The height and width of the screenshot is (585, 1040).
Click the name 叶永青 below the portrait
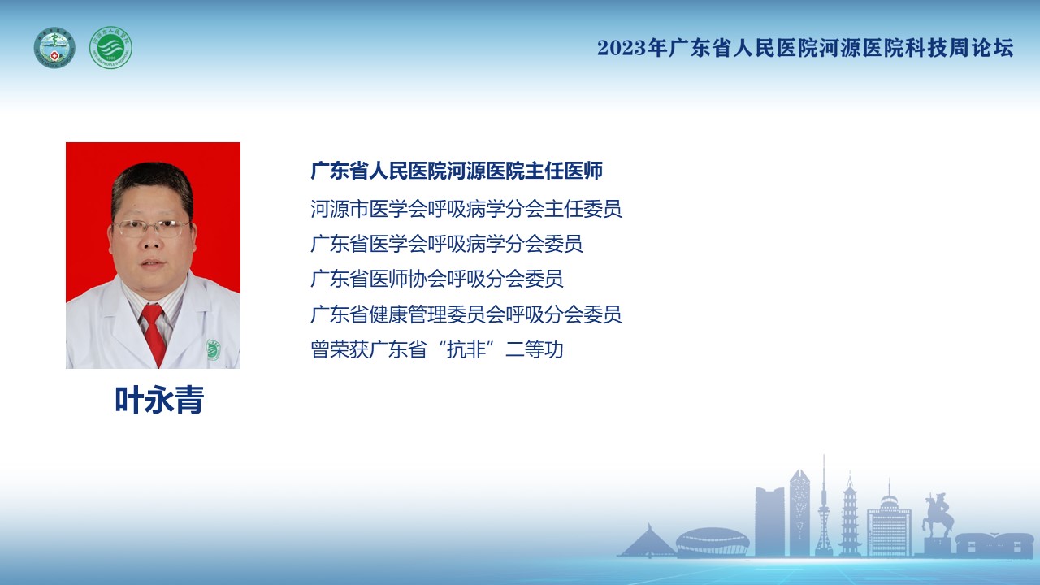coord(159,400)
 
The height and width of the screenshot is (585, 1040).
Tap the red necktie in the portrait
coord(154,332)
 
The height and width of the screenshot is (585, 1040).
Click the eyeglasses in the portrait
coord(151,227)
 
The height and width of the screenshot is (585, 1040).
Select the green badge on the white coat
coord(213,349)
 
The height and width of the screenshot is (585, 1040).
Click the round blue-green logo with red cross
coord(54,47)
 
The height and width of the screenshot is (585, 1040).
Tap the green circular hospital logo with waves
coord(110,47)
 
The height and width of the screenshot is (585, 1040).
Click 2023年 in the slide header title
coord(632,48)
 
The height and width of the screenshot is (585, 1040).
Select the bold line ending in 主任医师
coord(457,171)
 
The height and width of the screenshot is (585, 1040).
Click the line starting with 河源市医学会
coord(466,209)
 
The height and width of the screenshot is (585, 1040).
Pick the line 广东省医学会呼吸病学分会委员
coord(447,244)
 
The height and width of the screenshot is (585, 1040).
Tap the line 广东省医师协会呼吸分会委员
coord(437,279)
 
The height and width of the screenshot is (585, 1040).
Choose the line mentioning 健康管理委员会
coord(466,314)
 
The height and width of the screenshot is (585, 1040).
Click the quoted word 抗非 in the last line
coord(466,349)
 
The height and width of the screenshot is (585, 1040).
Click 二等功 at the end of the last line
coord(535,349)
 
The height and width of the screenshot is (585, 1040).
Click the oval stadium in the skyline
coord(713,542)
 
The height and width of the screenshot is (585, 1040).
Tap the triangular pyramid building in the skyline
coord(648,541)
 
